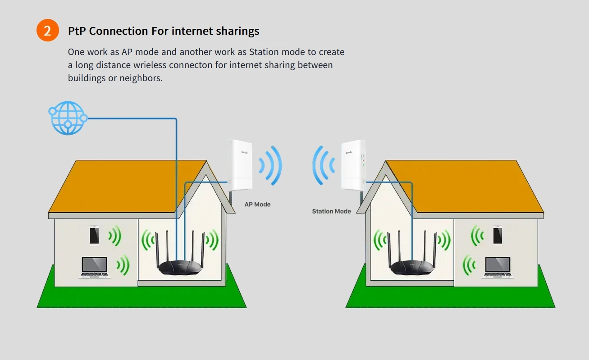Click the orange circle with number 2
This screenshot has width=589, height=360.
coord(48,31)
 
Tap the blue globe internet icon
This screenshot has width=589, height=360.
coord(68,118)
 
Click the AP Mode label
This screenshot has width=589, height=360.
coord(257,204)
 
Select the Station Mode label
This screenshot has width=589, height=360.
coord(331,211)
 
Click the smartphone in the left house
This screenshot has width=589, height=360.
coord(94,235)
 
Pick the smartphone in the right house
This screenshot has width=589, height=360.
coord(498,235)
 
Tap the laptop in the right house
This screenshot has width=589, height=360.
coord(498,267)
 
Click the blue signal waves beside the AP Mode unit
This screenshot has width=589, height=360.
coord(270,165)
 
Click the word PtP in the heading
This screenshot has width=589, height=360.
coord(77,31)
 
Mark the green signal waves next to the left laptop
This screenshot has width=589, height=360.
coord(123,265)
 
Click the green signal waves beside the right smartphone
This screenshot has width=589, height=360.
coord(477,236)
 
